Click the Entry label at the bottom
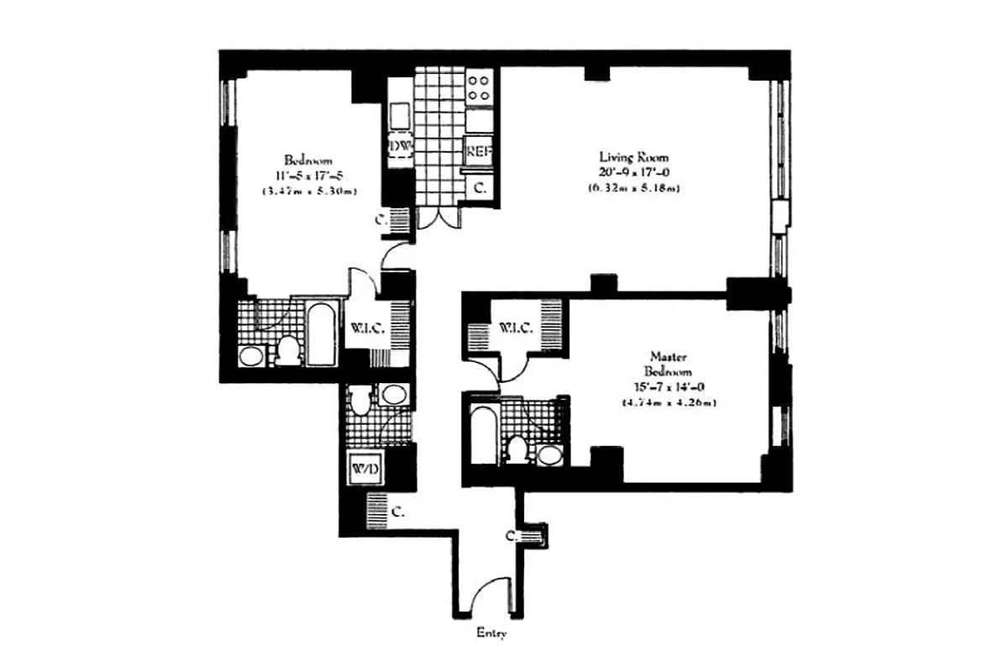(491, 635)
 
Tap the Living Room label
(633, 157)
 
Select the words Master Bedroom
(668, 363)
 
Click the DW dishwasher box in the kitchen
(400, 147)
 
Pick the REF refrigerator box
(479, 152)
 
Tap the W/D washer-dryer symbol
(365, 468)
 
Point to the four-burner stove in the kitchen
(479, 88)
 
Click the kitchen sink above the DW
(400, 113)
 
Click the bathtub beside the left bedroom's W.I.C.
(322, 333)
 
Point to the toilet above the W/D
(360, 401)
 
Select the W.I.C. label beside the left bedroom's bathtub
(368, 328)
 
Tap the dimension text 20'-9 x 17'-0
(633, 172)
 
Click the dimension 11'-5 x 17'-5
(308, 176)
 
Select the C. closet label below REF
(480, 189)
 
